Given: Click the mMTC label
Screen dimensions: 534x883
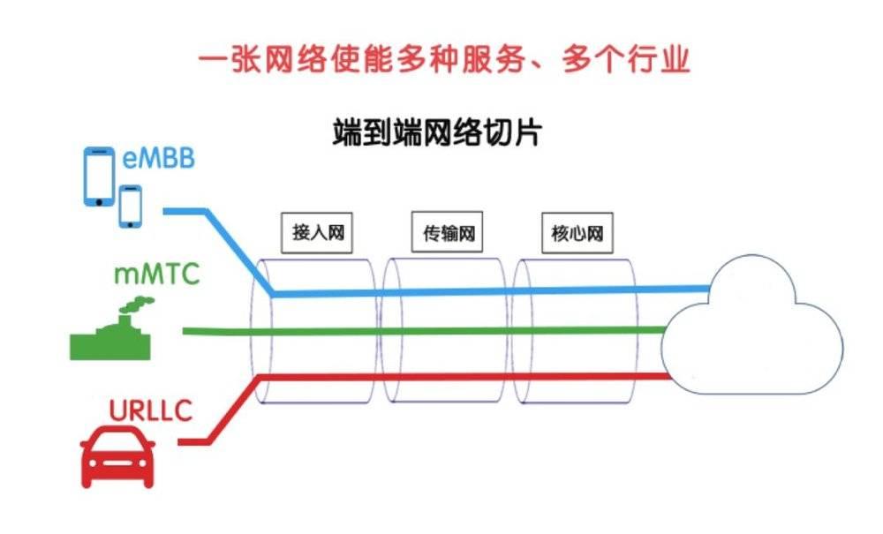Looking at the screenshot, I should coord(157,274).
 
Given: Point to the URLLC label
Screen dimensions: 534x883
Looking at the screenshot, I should coord(150,411).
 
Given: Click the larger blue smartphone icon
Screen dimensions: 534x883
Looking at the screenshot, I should coord(99,177).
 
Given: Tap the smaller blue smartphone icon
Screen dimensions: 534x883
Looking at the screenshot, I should coord(131,206).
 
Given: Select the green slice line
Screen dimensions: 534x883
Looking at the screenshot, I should coord(424,331).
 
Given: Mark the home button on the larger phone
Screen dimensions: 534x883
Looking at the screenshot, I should coord(99,200).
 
